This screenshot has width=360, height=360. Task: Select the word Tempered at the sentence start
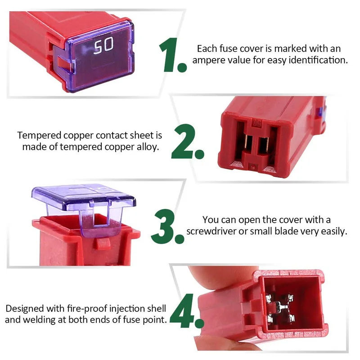36,135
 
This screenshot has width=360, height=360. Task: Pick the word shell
156,309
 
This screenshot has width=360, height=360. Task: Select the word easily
333,232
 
